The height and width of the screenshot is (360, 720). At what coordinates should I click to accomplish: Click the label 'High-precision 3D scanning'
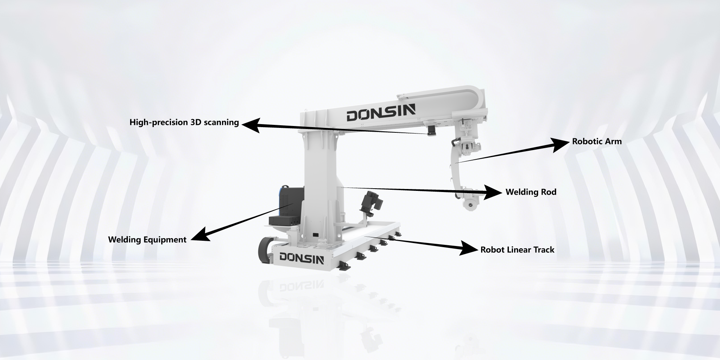[x=184, y=123]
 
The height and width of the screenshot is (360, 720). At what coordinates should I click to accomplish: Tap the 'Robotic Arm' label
[x=597, y=141]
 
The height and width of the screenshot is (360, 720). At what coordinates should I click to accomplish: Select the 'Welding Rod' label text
[x=531, y=192]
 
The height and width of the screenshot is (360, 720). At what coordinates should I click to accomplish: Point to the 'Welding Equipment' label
[x=147, y=240]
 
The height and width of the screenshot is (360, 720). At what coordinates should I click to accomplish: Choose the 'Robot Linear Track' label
[x=517, y=250]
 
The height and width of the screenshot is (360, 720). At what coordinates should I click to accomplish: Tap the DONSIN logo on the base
[x=301, y=258]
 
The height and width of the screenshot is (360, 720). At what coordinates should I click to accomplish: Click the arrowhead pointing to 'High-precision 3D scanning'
[x=250, y=125]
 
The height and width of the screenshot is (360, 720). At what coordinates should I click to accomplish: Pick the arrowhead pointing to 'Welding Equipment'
[x=201, y=234]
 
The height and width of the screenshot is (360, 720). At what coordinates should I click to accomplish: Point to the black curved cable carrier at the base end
[x=265, y=249]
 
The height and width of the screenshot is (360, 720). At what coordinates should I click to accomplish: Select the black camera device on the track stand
[x=371, y=203]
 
